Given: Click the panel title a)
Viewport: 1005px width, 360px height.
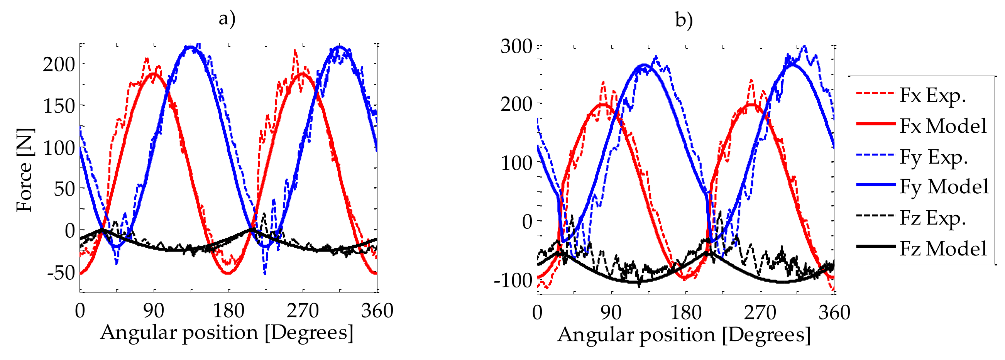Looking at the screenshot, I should click(x=227, y=19).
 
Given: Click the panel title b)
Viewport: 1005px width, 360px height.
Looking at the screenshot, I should click(x=684, y=20).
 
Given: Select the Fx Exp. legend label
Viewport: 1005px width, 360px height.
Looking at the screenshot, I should click(x=932, y=95).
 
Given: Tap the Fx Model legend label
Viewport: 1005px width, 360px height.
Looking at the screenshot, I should click(x=943, y=126).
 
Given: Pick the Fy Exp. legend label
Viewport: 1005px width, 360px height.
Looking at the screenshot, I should click(x=934, y=157).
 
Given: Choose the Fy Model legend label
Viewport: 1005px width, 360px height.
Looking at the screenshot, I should click(x=944, y=186).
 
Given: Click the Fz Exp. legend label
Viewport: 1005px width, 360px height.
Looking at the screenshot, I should click(x=932, y=218).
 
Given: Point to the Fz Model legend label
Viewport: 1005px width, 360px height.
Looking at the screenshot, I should click(x=943, y=248).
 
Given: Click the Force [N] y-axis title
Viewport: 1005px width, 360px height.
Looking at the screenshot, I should click(x=25, y=171).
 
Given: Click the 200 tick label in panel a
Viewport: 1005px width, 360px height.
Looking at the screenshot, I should click(x=59, y=64).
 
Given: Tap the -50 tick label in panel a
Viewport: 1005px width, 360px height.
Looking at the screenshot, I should click(x=61, y=273).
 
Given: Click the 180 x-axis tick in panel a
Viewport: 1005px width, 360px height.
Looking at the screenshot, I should click(x=228, y=311).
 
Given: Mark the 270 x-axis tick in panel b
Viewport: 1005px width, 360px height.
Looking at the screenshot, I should click(x=760, y=313).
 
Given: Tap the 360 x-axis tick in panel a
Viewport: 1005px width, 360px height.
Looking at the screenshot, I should click(x=377, y=311).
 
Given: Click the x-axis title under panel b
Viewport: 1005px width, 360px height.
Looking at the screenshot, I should click(x=684, y=335).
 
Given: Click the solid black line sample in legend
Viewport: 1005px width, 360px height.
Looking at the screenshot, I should click(x=875, y=246).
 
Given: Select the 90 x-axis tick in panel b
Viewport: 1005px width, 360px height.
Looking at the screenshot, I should click(x=611, y=313).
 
